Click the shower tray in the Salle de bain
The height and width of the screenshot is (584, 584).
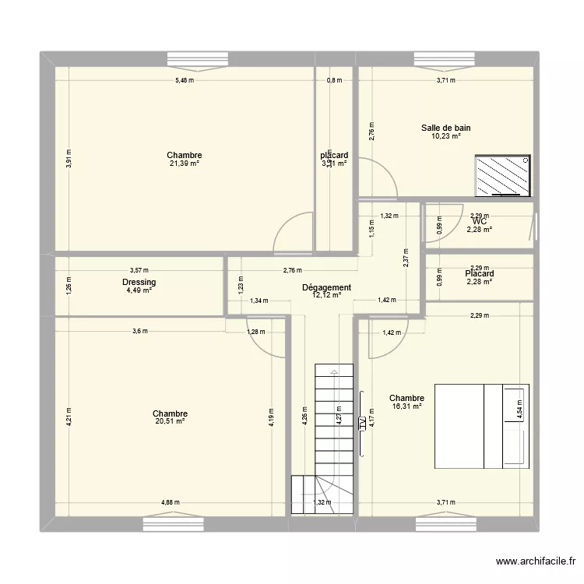click(502, 174)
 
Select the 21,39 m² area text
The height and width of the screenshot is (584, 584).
click(184, 164)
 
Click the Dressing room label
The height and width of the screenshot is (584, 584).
click(139, 283)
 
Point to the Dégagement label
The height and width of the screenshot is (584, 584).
click(327, 287)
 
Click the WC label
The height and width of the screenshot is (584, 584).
click(479, 221)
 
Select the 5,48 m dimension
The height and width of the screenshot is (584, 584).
click(184, 80)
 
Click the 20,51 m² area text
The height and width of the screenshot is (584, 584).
click(170, 422)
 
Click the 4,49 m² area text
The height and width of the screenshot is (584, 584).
click(139, 291)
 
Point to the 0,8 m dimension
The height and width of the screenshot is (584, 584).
click(335, 80)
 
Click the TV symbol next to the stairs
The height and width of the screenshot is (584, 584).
click(362, 424)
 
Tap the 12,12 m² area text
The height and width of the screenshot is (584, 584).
click(327, 296)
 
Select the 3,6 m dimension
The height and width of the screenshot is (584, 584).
click(139, 331)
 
